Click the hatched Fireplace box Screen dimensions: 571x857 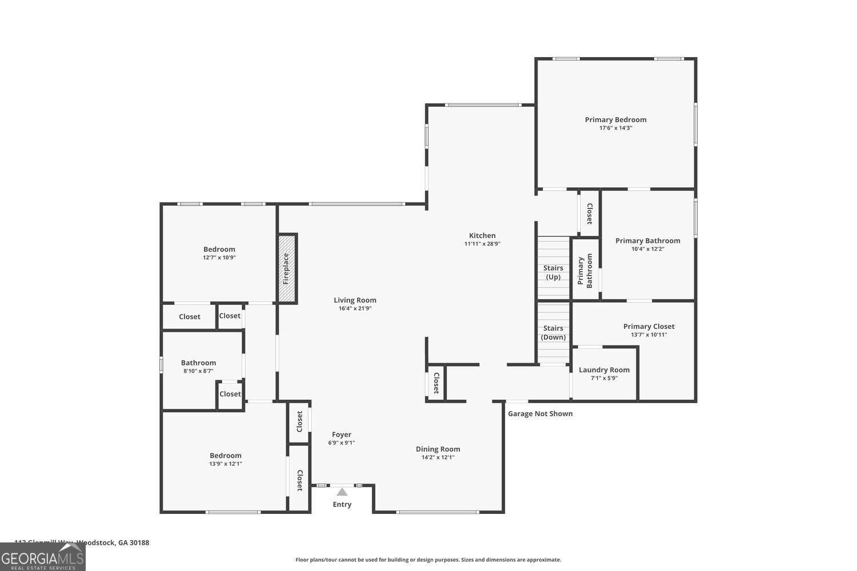point(287,268)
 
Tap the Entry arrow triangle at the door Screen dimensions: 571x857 point(342,492)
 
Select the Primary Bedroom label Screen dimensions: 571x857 point(615,119)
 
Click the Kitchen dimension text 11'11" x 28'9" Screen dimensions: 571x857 point(482,244)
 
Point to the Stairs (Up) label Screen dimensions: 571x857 point(553,272)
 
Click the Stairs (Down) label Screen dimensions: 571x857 point(553,332)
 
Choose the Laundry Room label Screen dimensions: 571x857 point(604,369)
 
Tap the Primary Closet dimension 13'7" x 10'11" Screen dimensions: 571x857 point(648,335)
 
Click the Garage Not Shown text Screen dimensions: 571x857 point(540,413)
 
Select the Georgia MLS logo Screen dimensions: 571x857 point(42,557)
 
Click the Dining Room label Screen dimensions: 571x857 point(438,449)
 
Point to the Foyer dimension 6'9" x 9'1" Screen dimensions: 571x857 point(342,443)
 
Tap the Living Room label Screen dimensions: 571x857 point(355,300)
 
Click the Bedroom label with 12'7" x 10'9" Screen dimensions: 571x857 point(219,249)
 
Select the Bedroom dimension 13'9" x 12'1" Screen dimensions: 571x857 point(226,464)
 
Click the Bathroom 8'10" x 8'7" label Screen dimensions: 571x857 point(198,363)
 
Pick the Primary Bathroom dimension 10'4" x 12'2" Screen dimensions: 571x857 point(647,249)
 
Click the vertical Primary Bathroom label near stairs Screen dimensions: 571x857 point(585,270)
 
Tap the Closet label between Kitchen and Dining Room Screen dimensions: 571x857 point(436,383)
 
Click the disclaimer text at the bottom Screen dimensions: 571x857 point(428,560)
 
